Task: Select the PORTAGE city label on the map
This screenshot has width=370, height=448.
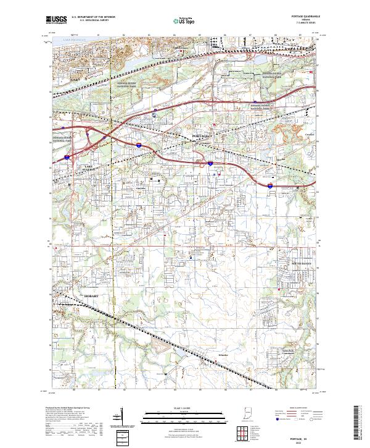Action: pyautogui.click(x=202, y=135)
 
